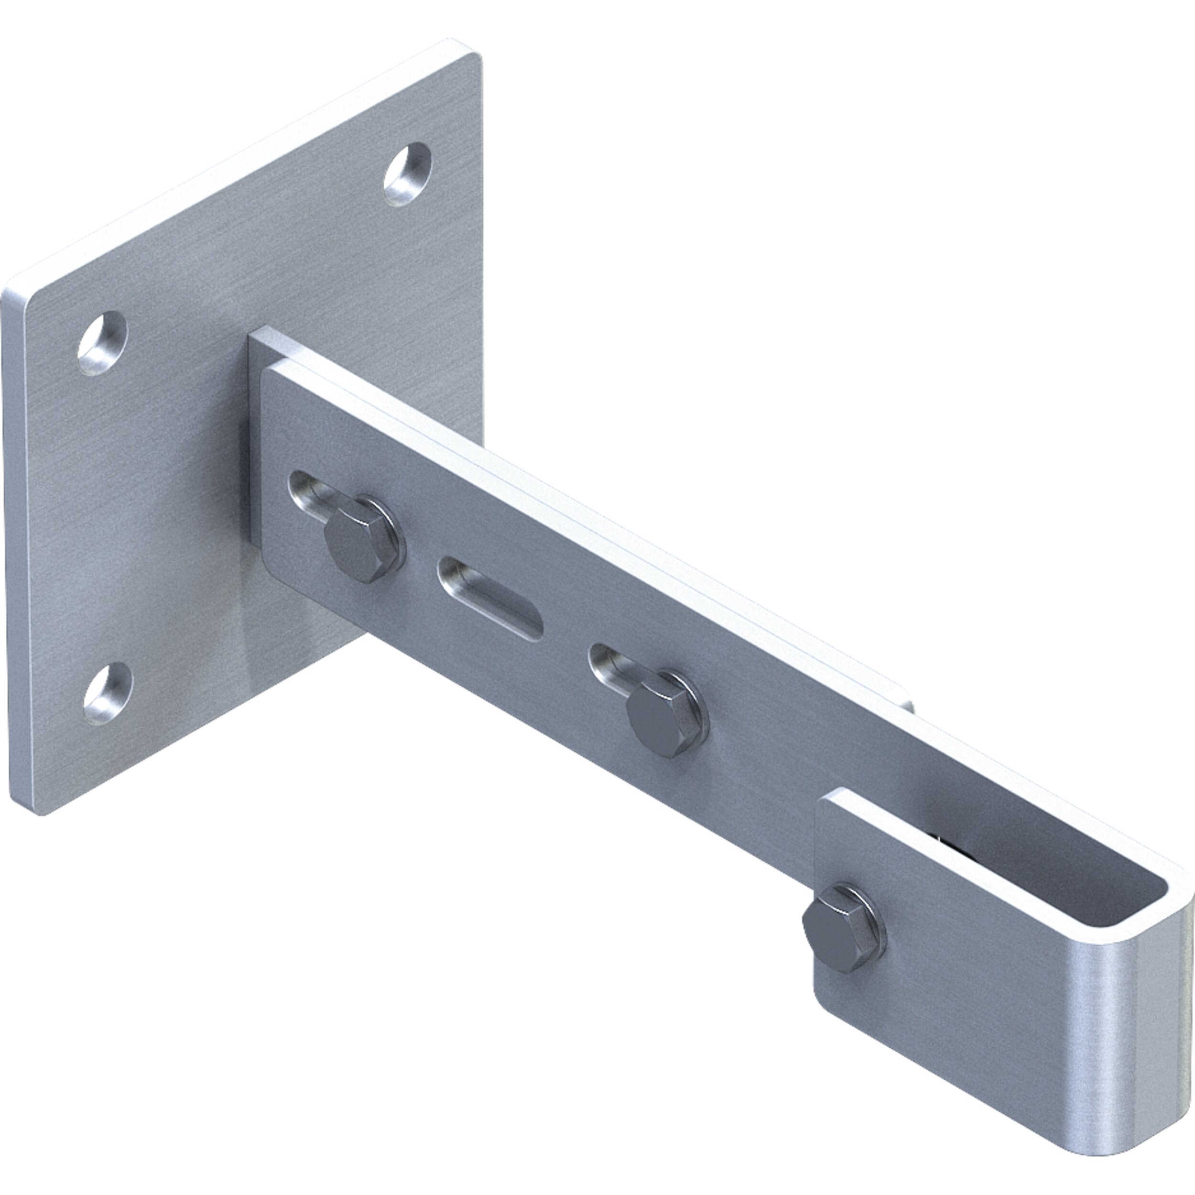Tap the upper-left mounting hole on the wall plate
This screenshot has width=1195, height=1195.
pyautogui.click(x=102, y=344)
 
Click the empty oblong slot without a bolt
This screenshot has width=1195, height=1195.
pyautogui.click(x=490, y=597)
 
